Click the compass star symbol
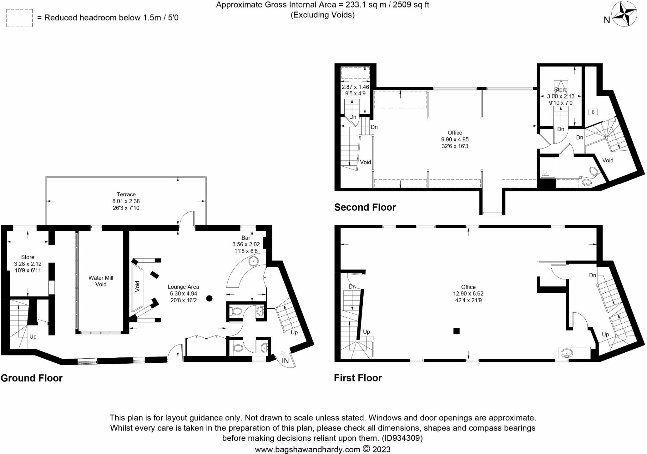pos(624,14)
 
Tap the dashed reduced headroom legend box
pos(19,18)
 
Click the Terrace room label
pos(126,194)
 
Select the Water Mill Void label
pos(101,281)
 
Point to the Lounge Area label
pos(183,287)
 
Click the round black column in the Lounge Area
pos(209,298)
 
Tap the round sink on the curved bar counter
pos(253,261)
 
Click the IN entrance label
pos(285,361)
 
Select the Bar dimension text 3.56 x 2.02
pos(246,244)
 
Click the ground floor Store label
pos(27,257)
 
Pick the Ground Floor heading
pos(32,378)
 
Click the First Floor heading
pos(358,378)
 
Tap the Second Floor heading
pos(365,207)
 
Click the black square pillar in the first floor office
pos(456,331)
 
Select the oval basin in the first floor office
pos(566,353)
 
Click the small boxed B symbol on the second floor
pos(593,112)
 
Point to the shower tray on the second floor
pos(547,167)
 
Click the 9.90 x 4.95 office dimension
pos(455,140)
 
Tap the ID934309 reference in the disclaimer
pos(402,438)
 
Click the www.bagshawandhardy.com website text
pos(307,449)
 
